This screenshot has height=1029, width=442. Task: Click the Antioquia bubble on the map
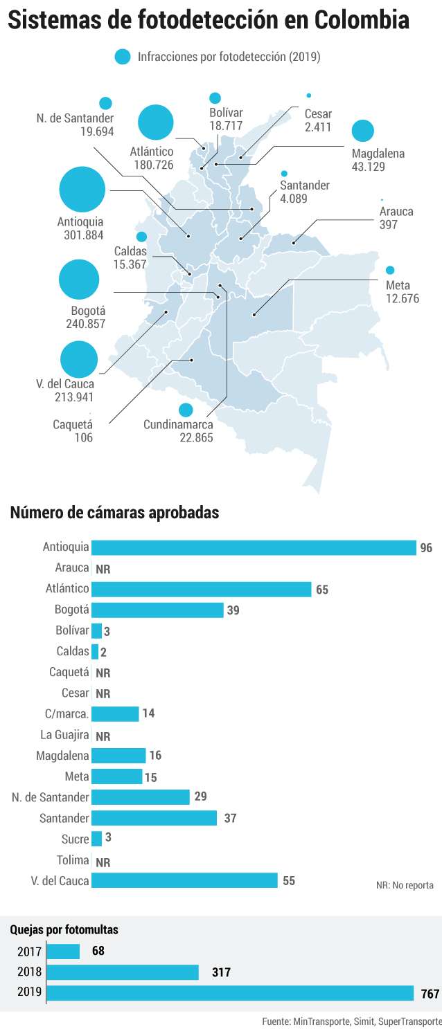tap(82, 190)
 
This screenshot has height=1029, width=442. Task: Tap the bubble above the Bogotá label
tap(79, 280)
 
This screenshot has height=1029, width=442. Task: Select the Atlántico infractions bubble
tap(155, 122)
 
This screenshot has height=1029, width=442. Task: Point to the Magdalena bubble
tap(363, 131)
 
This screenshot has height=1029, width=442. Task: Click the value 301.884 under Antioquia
tap(84, 235)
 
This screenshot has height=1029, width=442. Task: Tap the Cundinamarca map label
tap(178, 424)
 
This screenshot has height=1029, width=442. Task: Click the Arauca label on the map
tap(396, 211)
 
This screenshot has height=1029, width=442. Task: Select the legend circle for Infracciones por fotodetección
tap(123, 57)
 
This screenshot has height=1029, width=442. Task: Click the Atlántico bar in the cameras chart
tap(202, 590)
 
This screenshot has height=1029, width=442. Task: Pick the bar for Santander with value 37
tap(154, 818)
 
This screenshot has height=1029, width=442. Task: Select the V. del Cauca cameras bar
tap(184, 880)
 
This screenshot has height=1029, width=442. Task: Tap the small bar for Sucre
tap(96, 839)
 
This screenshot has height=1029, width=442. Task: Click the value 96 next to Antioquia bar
tap(426, 547)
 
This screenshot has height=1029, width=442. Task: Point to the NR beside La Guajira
tap(103, 736)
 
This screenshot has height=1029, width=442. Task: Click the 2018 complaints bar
tap(123, 972)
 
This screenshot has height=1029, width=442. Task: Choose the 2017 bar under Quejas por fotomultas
tap(64, 951)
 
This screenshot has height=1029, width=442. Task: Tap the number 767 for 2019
tap(430, 994)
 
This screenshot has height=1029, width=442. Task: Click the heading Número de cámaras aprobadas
tap(114, 512)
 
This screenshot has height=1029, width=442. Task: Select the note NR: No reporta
tap(405, 885)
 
